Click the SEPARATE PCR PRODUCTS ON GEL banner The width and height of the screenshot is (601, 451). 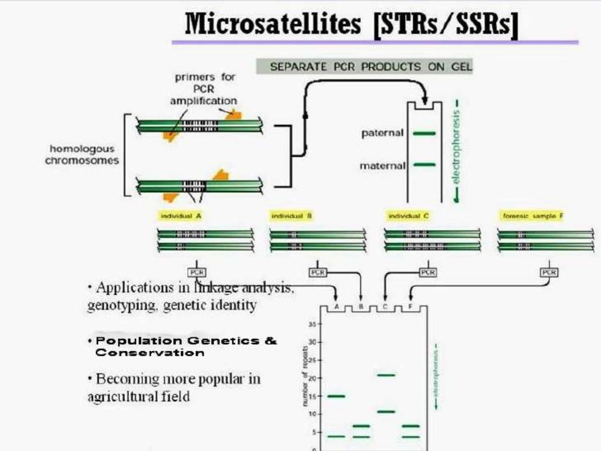[364, 66]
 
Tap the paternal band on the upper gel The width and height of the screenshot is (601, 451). [424, 134]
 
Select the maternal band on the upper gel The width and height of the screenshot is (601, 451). [424, 165]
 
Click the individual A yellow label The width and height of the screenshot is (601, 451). [181, 216]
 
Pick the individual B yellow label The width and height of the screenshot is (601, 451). [291, 216]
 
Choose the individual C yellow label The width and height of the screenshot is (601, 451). [408, 216]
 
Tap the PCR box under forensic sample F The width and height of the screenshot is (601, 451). [549, 272]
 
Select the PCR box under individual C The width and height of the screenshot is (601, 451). [427, 272]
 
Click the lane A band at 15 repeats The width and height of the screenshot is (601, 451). [336, 396]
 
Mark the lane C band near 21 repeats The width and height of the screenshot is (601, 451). [386, 375]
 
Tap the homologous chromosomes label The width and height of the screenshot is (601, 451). [82, 155]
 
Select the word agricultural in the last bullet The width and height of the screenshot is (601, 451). [123, 396]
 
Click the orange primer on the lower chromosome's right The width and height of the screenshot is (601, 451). [220, 176]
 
